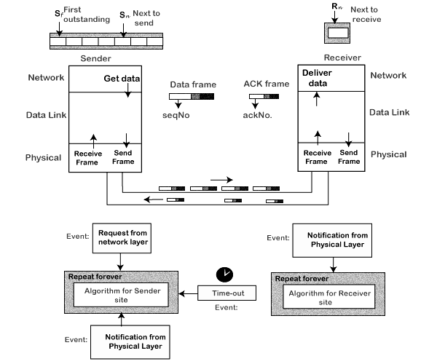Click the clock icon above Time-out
pos(226,274)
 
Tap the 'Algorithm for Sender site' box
pos(122,293)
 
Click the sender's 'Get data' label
pos(120,79)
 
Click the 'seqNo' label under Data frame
pos(176,114)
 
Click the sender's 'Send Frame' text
pos(126,157)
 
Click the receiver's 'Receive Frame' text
pos(317,157)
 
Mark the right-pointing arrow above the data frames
pos(221,178)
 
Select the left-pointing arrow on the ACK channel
pos(154,199)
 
